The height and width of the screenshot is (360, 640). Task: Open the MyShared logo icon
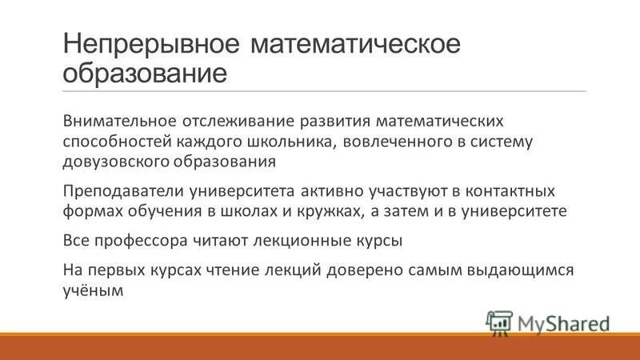tap(499, 323)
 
